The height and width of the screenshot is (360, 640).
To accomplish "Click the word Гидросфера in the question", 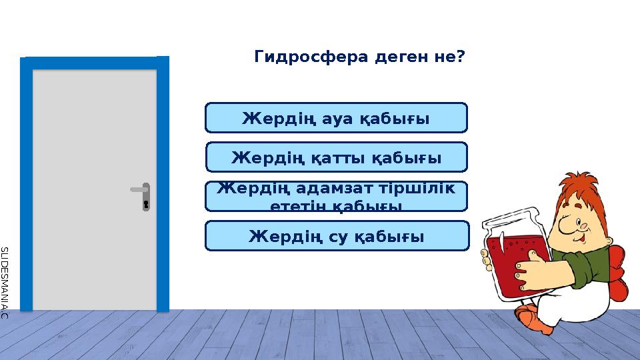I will pos(311,57).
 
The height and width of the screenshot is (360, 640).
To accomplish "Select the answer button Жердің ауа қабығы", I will pos(336,118).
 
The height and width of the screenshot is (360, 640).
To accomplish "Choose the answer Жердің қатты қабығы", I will pos(336,157).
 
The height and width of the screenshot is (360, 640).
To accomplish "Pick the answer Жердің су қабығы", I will pos(336,236).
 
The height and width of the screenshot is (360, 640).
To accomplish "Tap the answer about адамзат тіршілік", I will pos(336,196).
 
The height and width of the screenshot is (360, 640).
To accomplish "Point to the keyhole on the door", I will pos(146,203).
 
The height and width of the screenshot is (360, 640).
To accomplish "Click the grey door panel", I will pos(93,187).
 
